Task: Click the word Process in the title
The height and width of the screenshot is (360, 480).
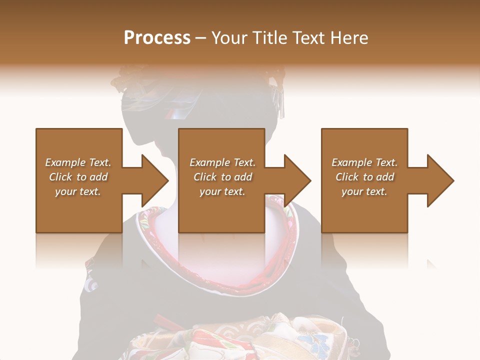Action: click(x=157, y=38)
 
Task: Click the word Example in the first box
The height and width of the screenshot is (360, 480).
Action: click(x=65, y=162)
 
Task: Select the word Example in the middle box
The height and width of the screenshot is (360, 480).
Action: click(x=210, y=162)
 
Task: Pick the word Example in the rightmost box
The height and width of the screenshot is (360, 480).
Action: click(x=352, y=162)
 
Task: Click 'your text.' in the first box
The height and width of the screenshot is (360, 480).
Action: click(x=78, y=191)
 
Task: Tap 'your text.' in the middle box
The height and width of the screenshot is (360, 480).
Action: click(x=222, y=191)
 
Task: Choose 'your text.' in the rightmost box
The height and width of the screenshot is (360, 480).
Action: click(x=364, y=191)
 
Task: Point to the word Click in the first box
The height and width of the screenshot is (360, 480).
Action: click(x=60, y=177)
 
